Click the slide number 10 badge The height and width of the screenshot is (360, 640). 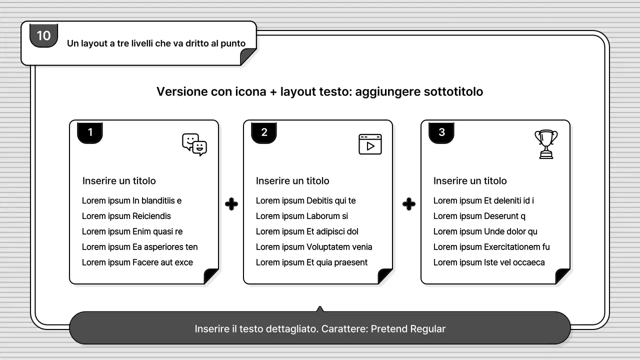[x=44, y=35]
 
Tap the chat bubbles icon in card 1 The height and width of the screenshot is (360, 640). [x=194, y=144]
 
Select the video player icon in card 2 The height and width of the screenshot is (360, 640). [x=370, y=144]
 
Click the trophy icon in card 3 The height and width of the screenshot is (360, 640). [x=546, y=144]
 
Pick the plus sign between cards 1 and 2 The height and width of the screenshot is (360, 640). [x=231, y=204]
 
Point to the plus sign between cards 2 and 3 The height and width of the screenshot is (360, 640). [x=409, y=204]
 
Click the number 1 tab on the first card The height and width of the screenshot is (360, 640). [x=90, y=132]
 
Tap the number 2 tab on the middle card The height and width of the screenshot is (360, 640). [x=264, y=132]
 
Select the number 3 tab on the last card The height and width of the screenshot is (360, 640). [x=441, y=132]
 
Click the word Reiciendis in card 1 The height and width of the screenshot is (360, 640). [x=151, y=216]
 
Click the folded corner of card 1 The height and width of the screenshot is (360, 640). [x=210, y=276]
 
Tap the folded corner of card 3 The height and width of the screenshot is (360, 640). [x=562, y=276]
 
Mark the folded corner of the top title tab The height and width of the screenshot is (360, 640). [x=248, y=57]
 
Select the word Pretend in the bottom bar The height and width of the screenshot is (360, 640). [x=389, y=329]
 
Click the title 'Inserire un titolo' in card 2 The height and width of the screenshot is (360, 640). [x=292, y=181]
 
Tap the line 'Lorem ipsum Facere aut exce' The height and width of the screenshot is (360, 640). [x=137, y=262]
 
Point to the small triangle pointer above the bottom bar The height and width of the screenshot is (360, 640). [x=320, y=309]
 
